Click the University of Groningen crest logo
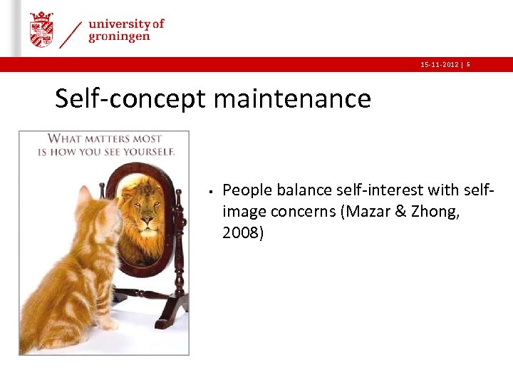coord(41,29)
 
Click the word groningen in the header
coord(119,37)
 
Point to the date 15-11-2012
coord(439,65)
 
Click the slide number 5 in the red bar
coord(468,65)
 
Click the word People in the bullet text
coord(247,190)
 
